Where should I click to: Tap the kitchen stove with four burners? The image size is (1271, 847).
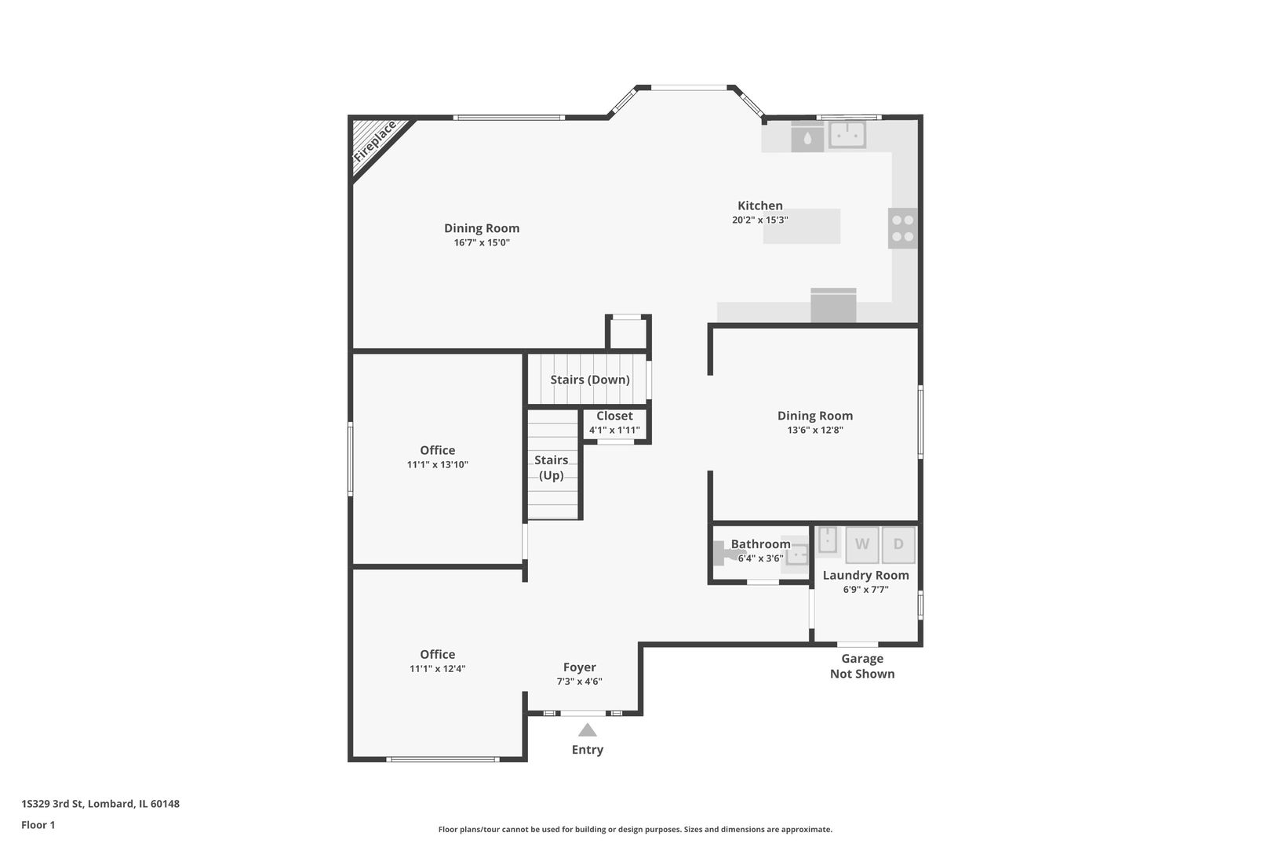[x=902, y=228]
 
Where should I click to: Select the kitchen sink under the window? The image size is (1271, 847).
[x=847, y=135]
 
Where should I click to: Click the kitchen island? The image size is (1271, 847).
[x=802, y=227]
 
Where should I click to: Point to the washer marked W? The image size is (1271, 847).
[x=861, y=544]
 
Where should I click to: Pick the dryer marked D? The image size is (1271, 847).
[x=898, y=544]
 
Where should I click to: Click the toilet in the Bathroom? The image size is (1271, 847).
[x=726, y=554]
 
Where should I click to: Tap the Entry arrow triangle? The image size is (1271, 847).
[x=588, y=730]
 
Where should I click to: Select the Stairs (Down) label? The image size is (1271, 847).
[x=590, y=380]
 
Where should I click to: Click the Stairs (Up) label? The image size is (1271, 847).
[x=552, y=467]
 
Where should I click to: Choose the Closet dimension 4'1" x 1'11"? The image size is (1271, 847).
[x=614, y=430]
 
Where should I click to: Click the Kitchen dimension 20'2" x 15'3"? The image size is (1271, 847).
[x=759, y=220]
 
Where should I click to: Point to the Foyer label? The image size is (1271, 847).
[x=579, y=667]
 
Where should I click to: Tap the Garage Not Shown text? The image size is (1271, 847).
[x=862, y=666]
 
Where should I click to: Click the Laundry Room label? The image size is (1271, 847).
[x=865, y=575]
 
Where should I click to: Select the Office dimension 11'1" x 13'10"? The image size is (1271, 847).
[x=437, y=464]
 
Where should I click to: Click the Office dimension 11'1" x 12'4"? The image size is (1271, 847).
[x=437, y=669]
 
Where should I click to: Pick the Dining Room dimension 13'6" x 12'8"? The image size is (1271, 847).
[x=815, y=430]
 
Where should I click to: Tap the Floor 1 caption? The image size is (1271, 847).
[x=38, y=825]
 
